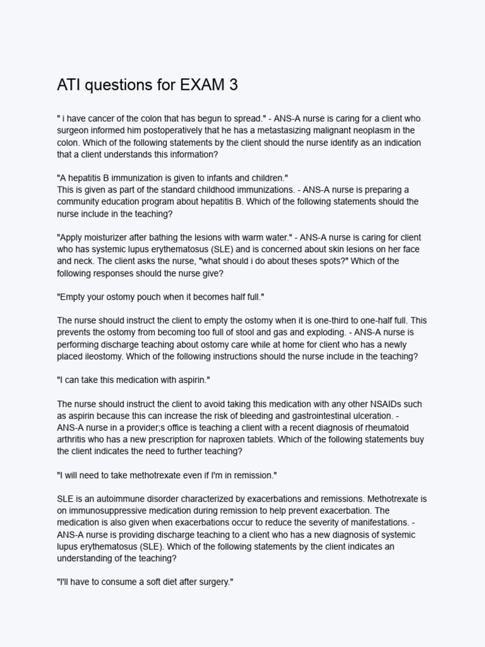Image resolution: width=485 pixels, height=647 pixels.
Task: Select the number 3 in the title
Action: click(x=234, y=85)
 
